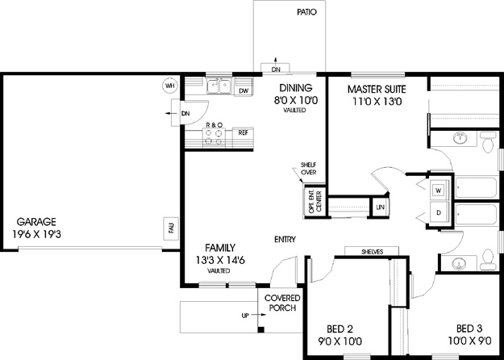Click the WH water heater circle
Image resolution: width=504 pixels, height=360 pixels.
tap(169, 86)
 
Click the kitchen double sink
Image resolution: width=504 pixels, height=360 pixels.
tap(219, 86)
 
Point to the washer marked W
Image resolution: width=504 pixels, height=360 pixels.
tap(438, 190)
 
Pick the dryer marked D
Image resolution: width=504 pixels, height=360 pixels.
tap(438, 212)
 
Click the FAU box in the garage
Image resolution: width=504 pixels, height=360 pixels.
tap(171, 228)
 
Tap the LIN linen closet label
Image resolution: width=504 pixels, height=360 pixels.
tap(381, 207)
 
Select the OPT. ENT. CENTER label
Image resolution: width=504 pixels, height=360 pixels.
tap(314, 202)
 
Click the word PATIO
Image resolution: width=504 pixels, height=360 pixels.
tap(306, 12)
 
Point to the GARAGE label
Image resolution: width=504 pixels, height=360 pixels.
tap(36, 222)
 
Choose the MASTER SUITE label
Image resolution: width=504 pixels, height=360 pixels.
tap(377, 89)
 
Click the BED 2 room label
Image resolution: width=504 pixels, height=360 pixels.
tap(339, 329)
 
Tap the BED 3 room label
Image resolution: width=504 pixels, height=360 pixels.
tap(469, 329)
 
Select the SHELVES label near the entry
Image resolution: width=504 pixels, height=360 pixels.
tap(373, 252)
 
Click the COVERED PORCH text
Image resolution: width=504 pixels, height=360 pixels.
tap(282, 303)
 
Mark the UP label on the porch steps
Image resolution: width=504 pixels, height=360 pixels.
tap(245, 316)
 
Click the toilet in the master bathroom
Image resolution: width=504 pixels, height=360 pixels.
tap(488, 142)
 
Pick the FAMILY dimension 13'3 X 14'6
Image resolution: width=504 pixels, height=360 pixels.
tap(220, 260)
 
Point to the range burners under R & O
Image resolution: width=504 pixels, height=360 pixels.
tap(214, 137)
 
